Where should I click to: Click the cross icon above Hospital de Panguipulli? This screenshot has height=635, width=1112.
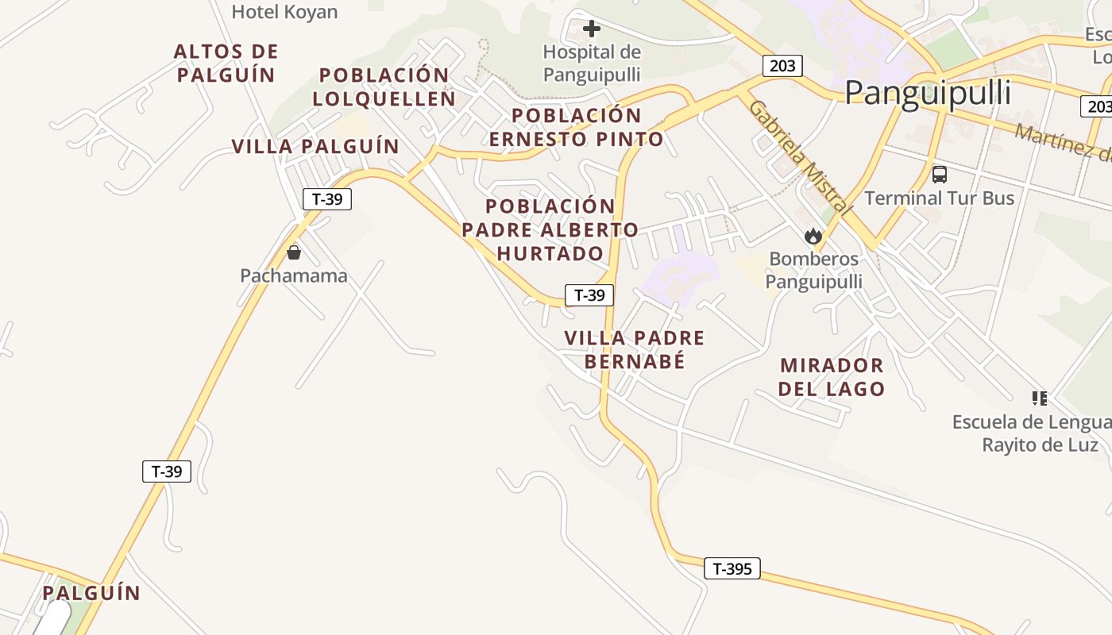(592, 29)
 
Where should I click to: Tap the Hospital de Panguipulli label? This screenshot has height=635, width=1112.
(592, 63)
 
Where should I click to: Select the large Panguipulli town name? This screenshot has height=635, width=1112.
(927, 93)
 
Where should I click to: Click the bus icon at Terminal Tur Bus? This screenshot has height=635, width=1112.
(940, 174)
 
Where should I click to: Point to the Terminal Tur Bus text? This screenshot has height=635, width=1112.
(940, 198)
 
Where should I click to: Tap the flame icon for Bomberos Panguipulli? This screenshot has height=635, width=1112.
(813, 236)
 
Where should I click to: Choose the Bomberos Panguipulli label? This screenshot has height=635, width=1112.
(814, 270)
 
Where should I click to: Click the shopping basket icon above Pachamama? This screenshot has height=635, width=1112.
(294, 252)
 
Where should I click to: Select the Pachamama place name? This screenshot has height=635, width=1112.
(294, 276)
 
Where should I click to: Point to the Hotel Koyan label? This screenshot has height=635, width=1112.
(284, 12)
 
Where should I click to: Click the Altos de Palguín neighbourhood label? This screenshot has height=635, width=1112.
(226, 63)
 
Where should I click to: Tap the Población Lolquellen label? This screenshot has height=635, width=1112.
(384, 87)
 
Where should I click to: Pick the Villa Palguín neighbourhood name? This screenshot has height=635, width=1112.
(315, 147)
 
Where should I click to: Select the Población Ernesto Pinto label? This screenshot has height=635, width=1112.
(577, 127)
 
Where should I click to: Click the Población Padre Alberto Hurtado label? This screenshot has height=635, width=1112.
(550, 230)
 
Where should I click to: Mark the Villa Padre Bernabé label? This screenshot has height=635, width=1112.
(635, 349)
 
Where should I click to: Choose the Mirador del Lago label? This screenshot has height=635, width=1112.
(832, 377)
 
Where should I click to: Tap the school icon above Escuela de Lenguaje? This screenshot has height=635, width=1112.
(1040, 398)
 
